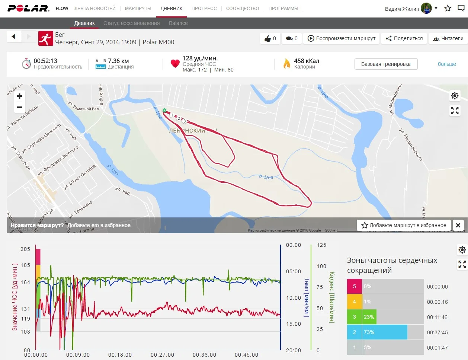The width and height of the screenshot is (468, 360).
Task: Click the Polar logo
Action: pos(28,8)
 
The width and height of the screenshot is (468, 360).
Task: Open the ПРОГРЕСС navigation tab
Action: pos(204,8)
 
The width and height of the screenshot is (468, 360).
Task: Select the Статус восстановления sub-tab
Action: pos(131,23)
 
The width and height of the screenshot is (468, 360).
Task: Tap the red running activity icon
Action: pos(45,38)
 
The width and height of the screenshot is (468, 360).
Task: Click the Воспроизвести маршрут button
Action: pos(341,38)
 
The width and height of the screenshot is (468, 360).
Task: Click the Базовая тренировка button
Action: pos(386,64)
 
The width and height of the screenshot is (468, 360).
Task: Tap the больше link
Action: pos(446,64)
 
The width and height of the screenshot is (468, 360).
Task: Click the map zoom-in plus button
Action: pos(19,96)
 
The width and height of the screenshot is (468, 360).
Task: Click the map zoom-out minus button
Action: pos(19,107)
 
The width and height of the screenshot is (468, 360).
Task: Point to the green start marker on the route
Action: pos(164,110)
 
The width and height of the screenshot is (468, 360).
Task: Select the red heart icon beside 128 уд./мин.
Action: pos(175,64)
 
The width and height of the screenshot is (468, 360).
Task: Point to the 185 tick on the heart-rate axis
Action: pos(25,265)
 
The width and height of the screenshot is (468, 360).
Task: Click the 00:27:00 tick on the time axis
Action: pos(162,355)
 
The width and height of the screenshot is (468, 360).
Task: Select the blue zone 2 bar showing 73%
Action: pos(377,332)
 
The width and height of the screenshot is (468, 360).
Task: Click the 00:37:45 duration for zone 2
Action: pos(437,332)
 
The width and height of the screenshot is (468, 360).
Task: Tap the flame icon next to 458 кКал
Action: pos(286,64)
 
